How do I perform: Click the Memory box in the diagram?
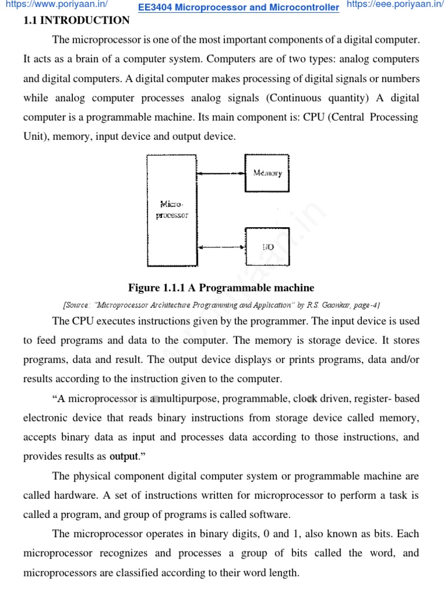(x=267, y=172)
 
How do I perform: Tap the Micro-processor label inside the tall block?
(x=172, y=209)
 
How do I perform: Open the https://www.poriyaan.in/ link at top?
(x=56, y=5)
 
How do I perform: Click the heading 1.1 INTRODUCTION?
(x=76, y=21)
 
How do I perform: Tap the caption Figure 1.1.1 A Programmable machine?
(x=221, y=288)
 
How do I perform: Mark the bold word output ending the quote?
(x=124, y=457)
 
